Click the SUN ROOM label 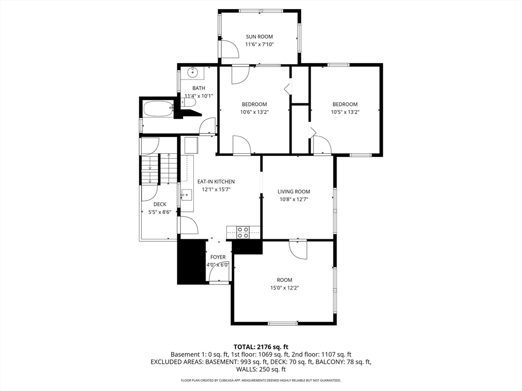click(x=259, y=37)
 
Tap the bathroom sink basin click(x=192, y=72)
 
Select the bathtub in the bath click(x=158, y=109)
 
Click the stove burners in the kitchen click(x=243, y=232)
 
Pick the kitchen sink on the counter click(x=187, y=195)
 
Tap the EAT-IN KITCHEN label click(x=216, y=182)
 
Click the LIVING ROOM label click(x=294, y=191)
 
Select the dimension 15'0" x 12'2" click(x=284, y=288)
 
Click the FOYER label click(x=218, y=257)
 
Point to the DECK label click(x=160, y=205)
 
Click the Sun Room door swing click(x=229, y=49)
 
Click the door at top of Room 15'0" click(x=298, y=249)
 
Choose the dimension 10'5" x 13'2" click(x=345, y=112)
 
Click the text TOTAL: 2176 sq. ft click(x=260, y=347)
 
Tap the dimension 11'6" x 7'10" click(x=259, y=45)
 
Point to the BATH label click(x=199, y=88)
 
